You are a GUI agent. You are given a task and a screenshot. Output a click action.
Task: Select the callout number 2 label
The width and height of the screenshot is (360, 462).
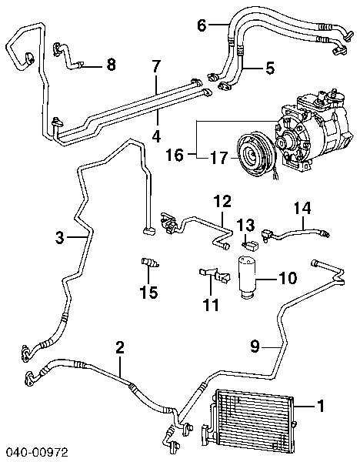coord(119,347)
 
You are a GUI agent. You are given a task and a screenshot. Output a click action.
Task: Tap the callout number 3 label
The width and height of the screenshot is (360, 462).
coord(60,239)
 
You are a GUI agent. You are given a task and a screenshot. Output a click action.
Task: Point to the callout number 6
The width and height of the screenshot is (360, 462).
coord(202,25)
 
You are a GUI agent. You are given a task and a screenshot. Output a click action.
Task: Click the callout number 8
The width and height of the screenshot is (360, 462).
coord(112,65)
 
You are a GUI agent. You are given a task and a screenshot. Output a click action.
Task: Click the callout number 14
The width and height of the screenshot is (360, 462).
coord(302,206)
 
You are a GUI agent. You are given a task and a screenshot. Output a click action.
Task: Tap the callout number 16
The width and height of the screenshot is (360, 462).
coord(175,155)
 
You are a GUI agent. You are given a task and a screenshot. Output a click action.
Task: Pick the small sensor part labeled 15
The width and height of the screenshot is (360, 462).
coord(151,264)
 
